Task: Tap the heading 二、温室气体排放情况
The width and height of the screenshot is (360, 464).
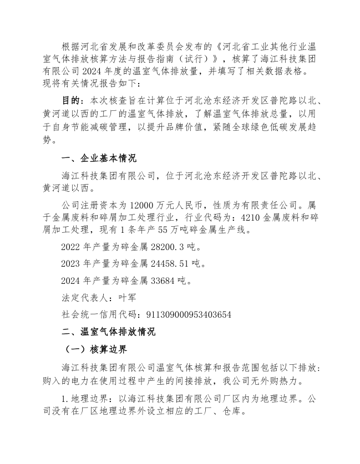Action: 108,332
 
